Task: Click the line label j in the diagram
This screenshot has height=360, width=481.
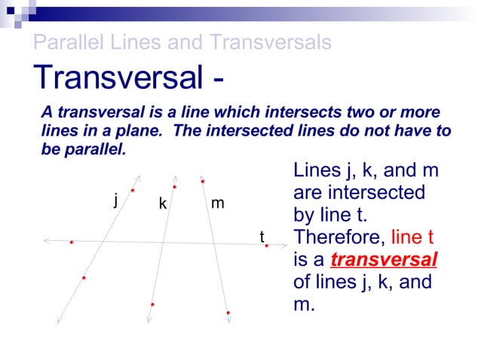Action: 115,200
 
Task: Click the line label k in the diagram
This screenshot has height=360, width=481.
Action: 162,203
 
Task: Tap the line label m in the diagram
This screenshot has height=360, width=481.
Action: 217,203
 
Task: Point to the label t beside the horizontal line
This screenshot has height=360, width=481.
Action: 262,237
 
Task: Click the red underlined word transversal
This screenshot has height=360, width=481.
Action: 384,261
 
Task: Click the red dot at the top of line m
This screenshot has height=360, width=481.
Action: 203,181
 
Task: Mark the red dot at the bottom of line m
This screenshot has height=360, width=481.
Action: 228,312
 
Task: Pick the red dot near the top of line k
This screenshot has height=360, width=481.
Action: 175,186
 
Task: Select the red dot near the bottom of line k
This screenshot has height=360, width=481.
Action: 152,304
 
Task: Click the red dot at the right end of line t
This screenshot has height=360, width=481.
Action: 267,246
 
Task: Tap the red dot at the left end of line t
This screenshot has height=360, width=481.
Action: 72,243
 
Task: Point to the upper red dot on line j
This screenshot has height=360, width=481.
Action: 133,191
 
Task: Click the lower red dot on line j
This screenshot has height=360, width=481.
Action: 84,279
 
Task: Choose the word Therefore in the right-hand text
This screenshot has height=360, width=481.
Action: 338,237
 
